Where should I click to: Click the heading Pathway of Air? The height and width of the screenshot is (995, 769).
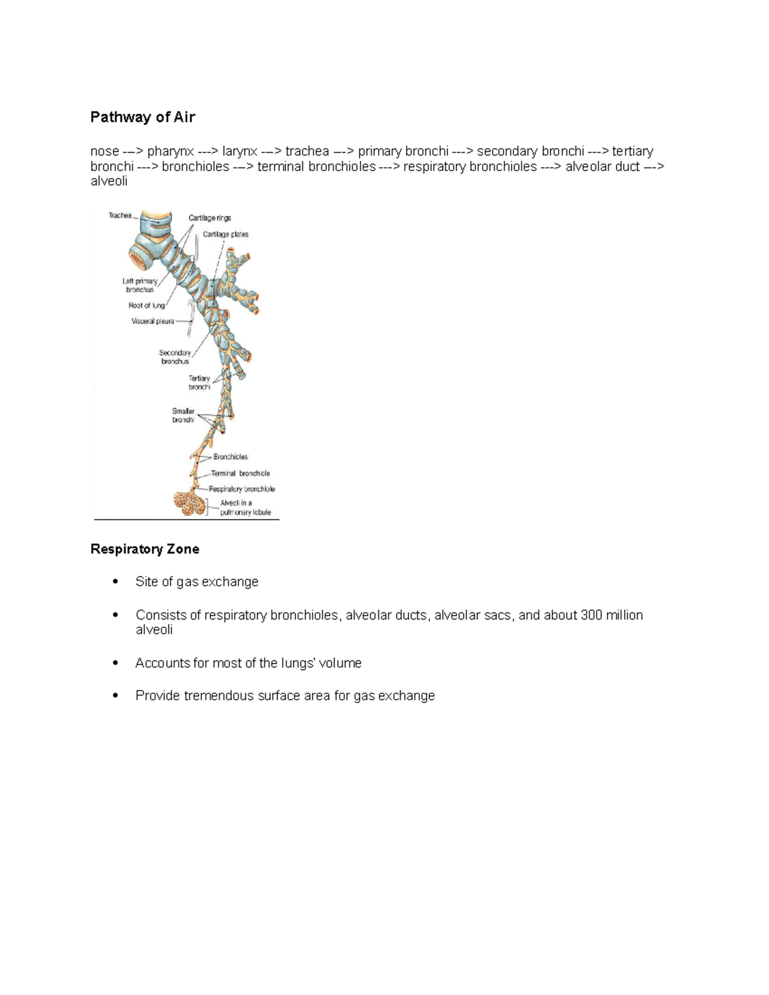coord(142,117)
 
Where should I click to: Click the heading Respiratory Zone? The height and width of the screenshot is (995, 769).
coord(144,549)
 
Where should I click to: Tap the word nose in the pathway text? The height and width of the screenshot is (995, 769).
coord(104,152)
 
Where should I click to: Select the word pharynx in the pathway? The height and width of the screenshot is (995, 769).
coord(170,152)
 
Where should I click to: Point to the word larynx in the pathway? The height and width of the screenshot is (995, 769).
coord(240,152)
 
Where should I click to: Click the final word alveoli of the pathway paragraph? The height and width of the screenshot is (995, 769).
coord(109,181)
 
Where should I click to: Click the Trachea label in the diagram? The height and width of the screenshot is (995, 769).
coord(120,216)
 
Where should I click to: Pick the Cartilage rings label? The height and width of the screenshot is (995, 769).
coord(210,218)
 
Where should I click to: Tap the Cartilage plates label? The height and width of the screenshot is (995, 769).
coord(226,234)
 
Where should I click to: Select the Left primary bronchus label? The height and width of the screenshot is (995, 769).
coord(140,286)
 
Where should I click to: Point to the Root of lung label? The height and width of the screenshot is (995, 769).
coord(146,306)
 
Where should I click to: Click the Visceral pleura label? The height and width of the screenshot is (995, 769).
coord(153,321)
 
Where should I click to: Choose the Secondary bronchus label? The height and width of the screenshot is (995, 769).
coord(174,357)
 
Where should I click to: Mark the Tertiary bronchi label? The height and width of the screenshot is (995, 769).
coord(199,382)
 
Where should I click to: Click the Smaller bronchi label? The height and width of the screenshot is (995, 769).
coord(183,415)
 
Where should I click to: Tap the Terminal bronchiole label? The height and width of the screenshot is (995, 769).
coord(240,473)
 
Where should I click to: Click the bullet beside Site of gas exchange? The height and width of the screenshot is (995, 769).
coord(115,582)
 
